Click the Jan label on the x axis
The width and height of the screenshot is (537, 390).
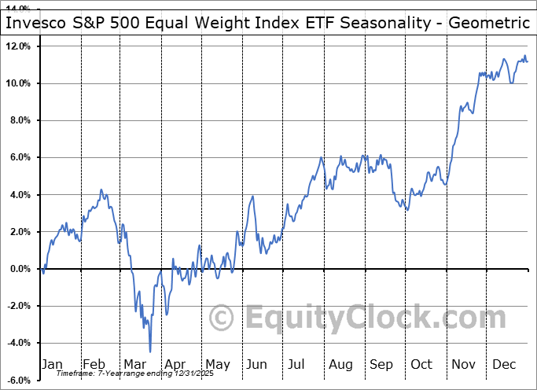click(x=52, y=364)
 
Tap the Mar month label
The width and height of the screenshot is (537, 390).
click(x=134, y=364)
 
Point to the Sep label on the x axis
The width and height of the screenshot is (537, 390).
click(x=381, y=364)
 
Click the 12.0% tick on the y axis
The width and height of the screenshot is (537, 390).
click(x=17, y=46)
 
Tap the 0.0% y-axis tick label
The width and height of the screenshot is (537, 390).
click(x=19, y=269)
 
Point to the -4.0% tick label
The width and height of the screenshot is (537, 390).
click(x=18, y=344)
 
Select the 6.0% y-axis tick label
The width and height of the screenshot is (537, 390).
click(x=19, y=157)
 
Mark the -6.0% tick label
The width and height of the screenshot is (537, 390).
click(x=18, y=381)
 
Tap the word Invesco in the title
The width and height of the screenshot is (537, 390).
click(x=35, y=23)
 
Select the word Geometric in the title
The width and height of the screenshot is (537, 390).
click(x=488, y=23)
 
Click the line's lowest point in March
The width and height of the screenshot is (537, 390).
click(x=149, y=351)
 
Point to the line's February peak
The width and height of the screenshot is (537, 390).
click(x=101, y=190)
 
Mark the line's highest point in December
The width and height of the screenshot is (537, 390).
click(x=524, y=56)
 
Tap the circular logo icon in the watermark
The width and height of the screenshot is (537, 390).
click(x=223, y=318)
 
